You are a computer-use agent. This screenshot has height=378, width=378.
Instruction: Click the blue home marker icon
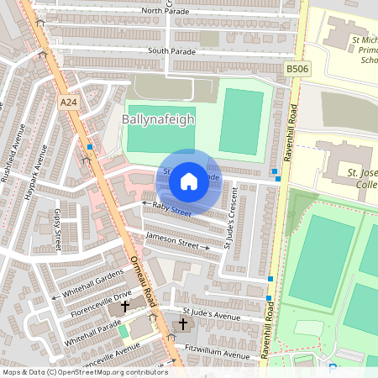(189, 181)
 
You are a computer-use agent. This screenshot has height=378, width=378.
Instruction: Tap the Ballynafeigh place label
(158, 120)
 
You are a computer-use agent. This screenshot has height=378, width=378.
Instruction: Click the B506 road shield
(297, 69)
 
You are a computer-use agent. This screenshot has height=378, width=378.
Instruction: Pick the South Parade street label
(171, 50)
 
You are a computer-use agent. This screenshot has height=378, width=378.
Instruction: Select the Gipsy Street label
(58, 229)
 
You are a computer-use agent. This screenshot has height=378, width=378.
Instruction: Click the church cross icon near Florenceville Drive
(125, 307)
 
